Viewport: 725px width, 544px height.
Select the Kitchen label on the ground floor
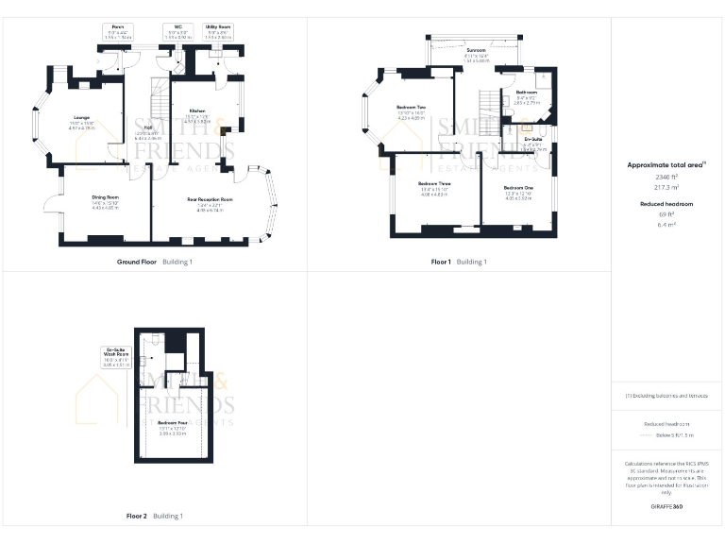pyautogui.click(x=196, y=110)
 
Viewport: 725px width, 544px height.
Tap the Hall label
pyautogui.click(x=148, y=127)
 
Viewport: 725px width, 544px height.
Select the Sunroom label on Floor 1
pyautogui.click(x=475, y=50)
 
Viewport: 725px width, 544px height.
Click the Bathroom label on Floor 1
pyautogui.click(x=526, y=92)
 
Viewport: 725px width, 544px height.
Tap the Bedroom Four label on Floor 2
pyautogui.click(x=171, y=422)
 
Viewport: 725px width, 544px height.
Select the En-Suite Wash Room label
pyautogui.click(x=116, y=353)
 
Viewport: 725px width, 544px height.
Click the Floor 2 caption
pyautogui.click(x=137, y=516)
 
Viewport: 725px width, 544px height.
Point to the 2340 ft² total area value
pyautogui.click(x=666, y=177)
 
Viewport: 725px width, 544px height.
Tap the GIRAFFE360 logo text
pyautogui.click(x=666, y=507)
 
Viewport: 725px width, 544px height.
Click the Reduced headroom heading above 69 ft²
pyautogui.click(x=666, y=204)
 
